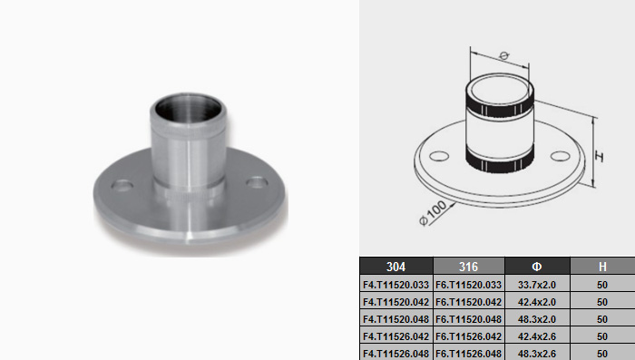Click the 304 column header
pyautogui.click(x=396, y=267)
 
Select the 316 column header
pyautogui.click(x=469, y=267)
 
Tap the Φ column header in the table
pyautogui.click(x=537, y=267)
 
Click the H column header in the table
pyautogui.click(x=602, y=267)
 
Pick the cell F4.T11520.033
pyautogui.click(x=396, y=285)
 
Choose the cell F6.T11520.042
pyautogui.click(x=469, y=302)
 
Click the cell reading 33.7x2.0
pyautogui.click(x=537, y=285)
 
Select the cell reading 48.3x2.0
pyautogui.click(x=537, y=319)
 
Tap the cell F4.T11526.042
pyautogui.click(x=396, y=336)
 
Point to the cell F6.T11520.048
pyautogui.click(x=469, y=319)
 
